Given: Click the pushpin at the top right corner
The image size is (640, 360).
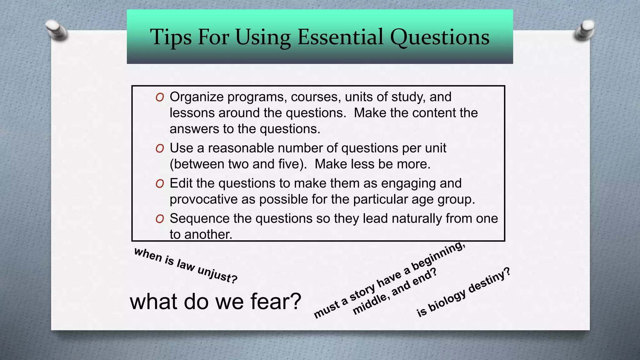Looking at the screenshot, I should coord(584,31).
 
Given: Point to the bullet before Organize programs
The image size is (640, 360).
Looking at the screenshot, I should coord(160,97).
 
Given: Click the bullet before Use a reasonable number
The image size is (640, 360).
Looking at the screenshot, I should coord(160,149).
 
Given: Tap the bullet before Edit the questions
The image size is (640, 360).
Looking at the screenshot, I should coord(160,184).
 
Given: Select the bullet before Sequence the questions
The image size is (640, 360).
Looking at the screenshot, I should coord(160,219).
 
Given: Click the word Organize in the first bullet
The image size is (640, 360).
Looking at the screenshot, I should coord(197,97).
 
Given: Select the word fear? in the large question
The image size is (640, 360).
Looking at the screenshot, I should coord(276,302).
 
